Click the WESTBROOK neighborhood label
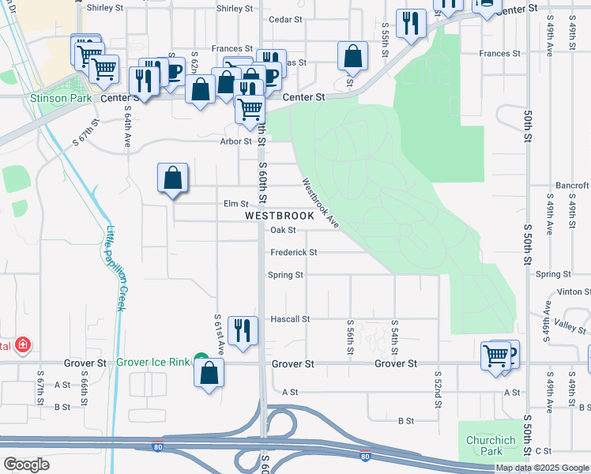pos(280,215)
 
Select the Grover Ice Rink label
pos(153,363)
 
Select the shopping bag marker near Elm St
pos(172,179)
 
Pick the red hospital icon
pos(24,345)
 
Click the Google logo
pos(26,465)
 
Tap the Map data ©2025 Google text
pos(542,468)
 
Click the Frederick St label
pos(293,253)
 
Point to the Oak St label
pos(282,231)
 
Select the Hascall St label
pos(289,319)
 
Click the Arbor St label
pos(235,141)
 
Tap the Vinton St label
pos(574,292)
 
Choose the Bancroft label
pos(572,186)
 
